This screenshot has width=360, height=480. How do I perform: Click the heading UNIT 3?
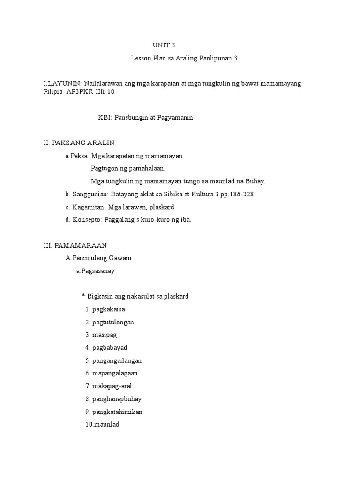[x=163, y=45]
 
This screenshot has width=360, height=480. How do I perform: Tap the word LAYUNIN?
[x=64, y=83]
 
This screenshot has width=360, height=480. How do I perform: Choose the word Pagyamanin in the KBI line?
[x=172, y=118]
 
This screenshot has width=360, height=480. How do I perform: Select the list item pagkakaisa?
[x=109, y=309]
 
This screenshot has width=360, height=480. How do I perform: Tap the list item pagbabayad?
[x=110, y=348]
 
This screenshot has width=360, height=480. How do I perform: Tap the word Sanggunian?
[x=88, y=194]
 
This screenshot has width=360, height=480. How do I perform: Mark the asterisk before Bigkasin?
[x=83, y=297]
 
